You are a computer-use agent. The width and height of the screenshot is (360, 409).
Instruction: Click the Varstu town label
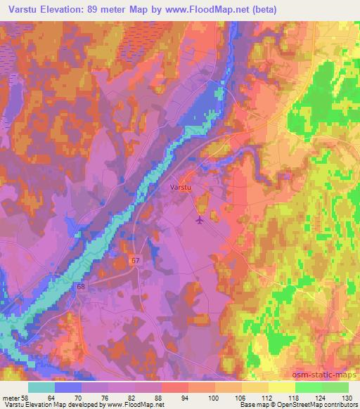[x=181, y=188]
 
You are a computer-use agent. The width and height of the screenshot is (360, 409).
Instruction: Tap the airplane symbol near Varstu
[x=200, y=221]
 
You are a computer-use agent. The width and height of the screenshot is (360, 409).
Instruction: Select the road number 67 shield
[x=136, y=260]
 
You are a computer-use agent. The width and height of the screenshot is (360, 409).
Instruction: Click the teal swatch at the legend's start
[x=42, y=387]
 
